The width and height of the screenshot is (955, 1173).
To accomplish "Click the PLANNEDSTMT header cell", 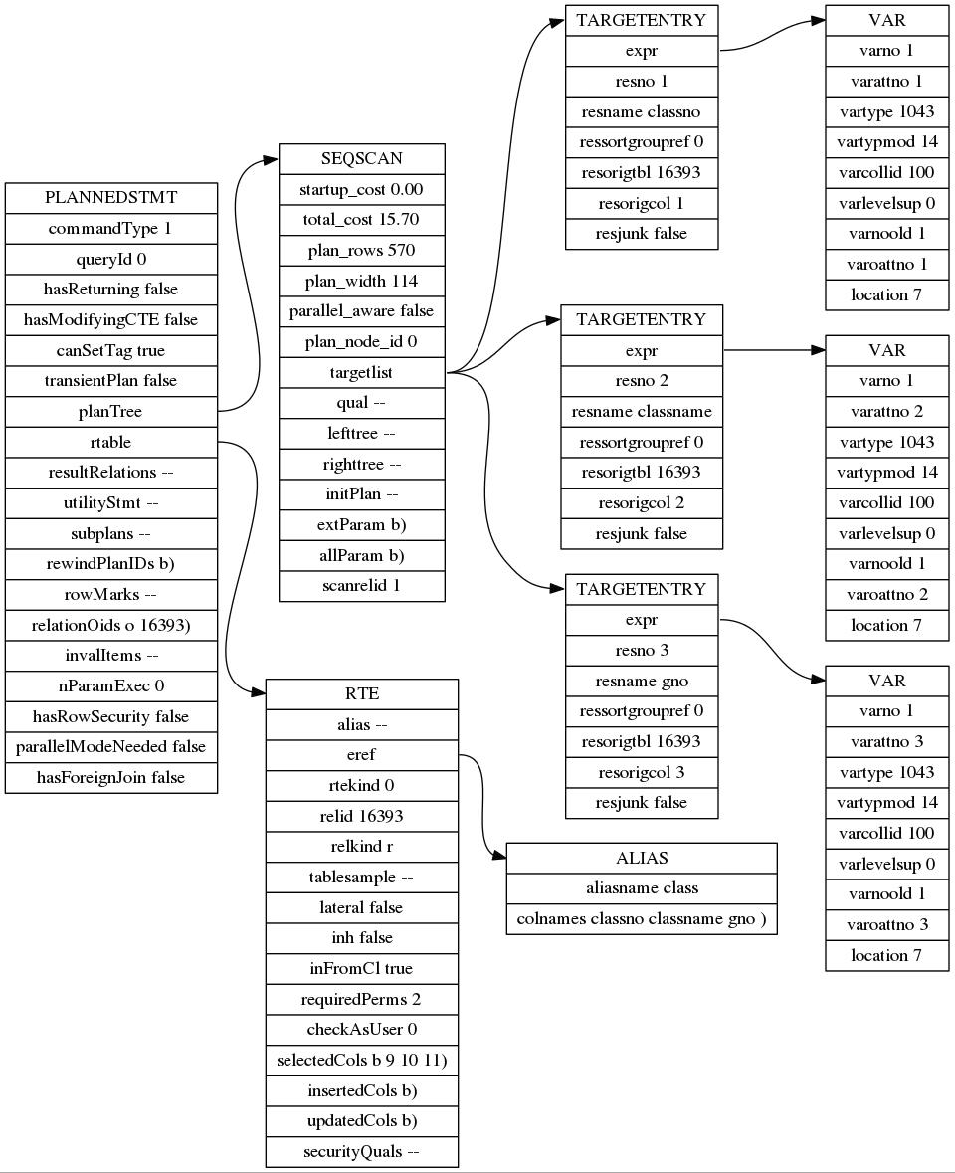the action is tap(111, 198).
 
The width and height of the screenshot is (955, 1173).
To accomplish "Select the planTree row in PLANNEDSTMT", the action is tap(111, 412).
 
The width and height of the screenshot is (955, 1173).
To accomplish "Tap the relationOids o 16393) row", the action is tap(111, 625).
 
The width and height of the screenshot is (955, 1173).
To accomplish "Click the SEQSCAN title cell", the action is tap(362, 158).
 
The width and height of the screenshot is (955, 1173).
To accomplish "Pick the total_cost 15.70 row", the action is tap(362, 220).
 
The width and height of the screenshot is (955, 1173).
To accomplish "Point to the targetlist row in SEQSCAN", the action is tap(362, 372).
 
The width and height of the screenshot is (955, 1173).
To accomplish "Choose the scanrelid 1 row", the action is tap(362, 586).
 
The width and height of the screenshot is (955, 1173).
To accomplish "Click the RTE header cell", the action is tap(362, 694).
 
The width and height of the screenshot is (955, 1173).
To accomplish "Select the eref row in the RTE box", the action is tap(362, 755).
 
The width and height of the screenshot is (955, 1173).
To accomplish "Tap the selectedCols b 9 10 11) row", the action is tap(362, 1060).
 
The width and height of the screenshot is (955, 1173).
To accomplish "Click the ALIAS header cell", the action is tap(642, 858).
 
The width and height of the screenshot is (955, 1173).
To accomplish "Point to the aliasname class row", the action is tap(642, 888).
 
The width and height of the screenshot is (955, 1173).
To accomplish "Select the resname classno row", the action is tap(642, 112).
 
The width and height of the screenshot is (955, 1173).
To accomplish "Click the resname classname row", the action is tap(642, 412).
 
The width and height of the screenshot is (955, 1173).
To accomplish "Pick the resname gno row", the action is tap(642, 682).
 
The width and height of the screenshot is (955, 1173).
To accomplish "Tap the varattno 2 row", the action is tap(887, 412).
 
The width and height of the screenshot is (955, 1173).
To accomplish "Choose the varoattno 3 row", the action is tap(887, 924).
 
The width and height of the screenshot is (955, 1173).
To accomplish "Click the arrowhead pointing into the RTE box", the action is tap(259, 694).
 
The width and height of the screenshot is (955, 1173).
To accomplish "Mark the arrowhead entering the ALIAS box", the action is tap(499, 858).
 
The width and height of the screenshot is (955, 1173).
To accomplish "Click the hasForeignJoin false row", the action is tap(111, 778).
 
